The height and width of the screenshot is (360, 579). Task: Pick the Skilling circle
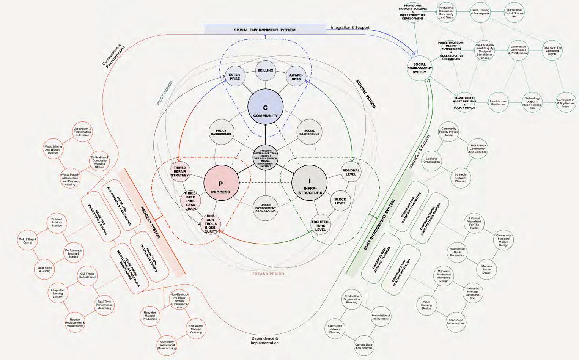(x=265, y=71)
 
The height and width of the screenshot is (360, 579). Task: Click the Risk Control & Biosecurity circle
(x=211, y=224)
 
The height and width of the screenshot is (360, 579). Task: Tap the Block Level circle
(x=340, y=201)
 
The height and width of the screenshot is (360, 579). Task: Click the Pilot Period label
(x=165, y=93)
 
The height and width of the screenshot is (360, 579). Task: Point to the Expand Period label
(x=268, y=274)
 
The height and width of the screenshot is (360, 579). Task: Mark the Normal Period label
(x=365, y=94)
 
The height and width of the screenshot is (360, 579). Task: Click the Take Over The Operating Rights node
(x=552, y=51)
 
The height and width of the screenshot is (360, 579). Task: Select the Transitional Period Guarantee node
(x=514, y=13)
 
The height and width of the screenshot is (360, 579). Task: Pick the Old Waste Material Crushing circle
(x=196, y=329)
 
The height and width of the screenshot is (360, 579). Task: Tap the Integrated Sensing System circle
(x=58, y=294)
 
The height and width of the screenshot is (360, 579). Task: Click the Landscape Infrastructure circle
(x=456, y=322)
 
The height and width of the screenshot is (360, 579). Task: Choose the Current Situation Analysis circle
(x=363, y=346)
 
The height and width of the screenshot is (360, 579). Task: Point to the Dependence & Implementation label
(x=264, y=340)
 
